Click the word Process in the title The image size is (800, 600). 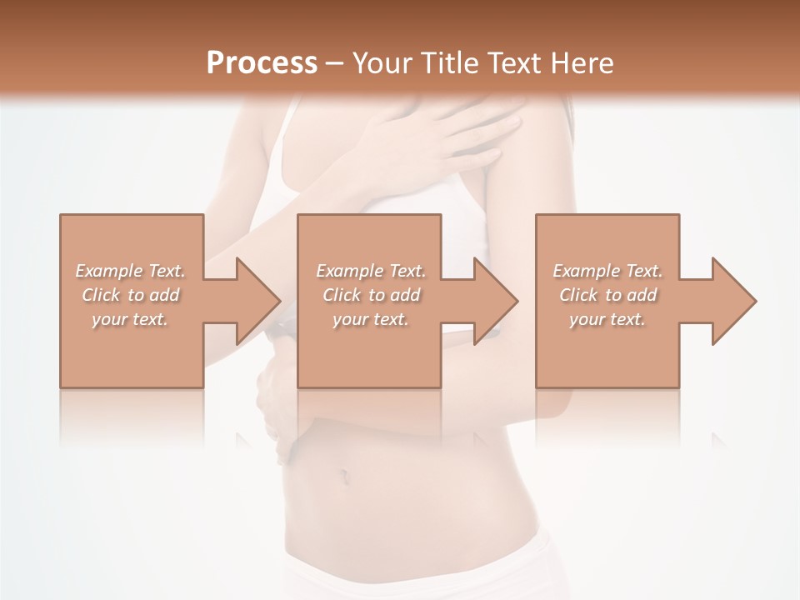tap(262, 63)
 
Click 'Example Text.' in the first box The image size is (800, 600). tap(131, 271)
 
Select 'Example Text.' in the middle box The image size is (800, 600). tap(371, 271)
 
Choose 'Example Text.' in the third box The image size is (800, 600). tap(607, 271)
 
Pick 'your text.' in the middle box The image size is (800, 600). tap(370, 319)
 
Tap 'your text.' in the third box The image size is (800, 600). tap(607, 319)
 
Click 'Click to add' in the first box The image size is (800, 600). tap(131, 295)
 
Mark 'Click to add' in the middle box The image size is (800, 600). tap(371, 295)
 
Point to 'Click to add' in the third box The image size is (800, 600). tap(607, 295)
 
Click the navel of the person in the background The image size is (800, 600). tap(342, 477)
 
